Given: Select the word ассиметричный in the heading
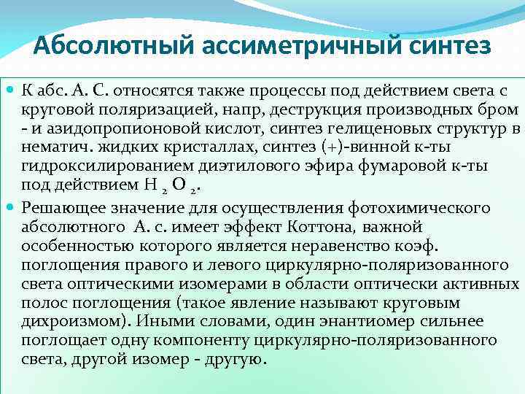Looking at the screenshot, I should [x=286, y=46].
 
